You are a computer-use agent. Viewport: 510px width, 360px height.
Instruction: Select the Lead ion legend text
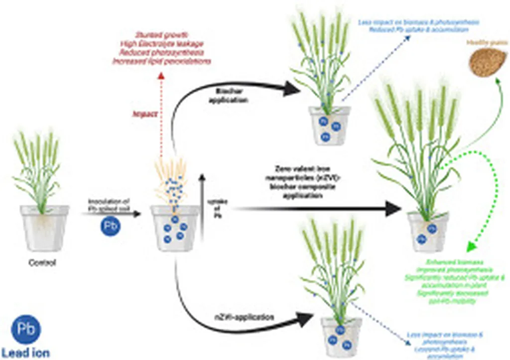[x=25, y=353]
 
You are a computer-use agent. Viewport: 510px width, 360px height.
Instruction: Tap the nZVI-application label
[x=242, y=316]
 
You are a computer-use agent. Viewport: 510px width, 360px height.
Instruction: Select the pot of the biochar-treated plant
[x=329, y=125]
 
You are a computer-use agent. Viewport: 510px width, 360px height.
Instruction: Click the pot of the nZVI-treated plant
[x=341, y=336]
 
